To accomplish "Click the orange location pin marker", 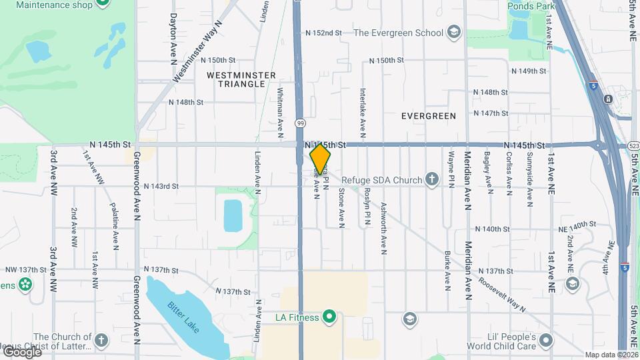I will (320, 158).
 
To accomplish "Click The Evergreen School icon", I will (453, 33).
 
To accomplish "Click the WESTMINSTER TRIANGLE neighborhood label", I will (241, 79).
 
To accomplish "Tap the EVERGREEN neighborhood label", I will (429, 116).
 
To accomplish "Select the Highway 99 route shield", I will (300, 123).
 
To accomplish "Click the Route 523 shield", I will (633, 145).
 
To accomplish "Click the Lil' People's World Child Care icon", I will (547, 341).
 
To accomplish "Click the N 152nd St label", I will (323, 33).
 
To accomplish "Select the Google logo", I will (22, 351).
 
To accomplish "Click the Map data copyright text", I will (611, 355).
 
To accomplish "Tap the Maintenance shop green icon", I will (102, 3).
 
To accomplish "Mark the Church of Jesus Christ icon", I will (101, 341).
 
